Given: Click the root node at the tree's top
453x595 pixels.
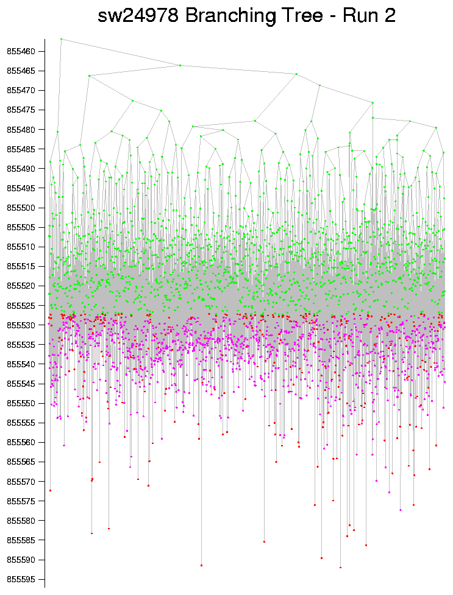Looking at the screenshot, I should click(x=61, y=39).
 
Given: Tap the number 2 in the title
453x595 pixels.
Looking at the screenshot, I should click(x=388, y=16).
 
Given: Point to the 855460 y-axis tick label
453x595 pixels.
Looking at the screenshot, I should click(x=21, y=51).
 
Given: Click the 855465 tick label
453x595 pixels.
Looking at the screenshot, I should click(x=21, y=71).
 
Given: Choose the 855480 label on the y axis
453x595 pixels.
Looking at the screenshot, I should click(x=21, y=129).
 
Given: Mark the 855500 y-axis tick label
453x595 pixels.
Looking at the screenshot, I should click(x=21, y=208).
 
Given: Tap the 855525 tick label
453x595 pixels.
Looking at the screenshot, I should click(x=21, y=305).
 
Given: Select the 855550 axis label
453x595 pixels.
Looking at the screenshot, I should click(x=21, y=403).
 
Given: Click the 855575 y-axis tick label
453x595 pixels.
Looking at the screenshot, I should click(x=21, y=501).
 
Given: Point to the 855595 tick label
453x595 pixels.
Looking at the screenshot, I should click(x=21, y=579).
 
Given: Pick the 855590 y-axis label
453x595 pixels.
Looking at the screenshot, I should click(x=21, y=559).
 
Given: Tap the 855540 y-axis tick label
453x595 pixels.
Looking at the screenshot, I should click(x=21, y=364).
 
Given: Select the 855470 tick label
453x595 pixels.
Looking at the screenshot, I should click(x=21, y=90).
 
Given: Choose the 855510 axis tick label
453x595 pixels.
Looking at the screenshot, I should click(x=21, y=247).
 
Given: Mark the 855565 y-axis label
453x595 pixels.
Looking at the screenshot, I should click(x=21, y=462).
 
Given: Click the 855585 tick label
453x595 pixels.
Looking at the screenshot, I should click(x=21, y=540).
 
